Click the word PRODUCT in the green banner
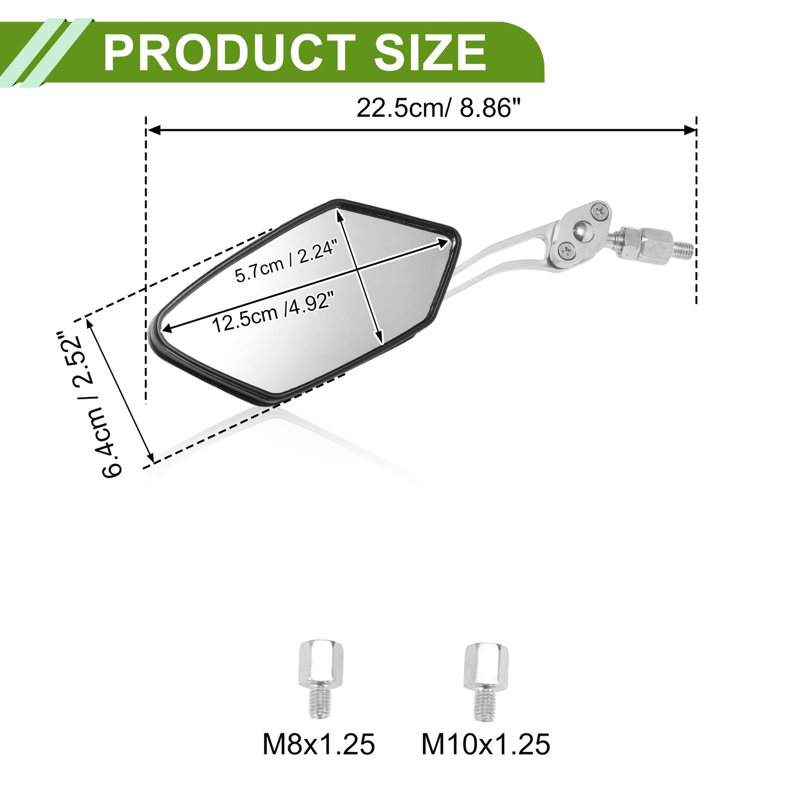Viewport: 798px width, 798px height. [229, 52]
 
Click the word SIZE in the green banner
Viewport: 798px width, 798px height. [430, 52]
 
